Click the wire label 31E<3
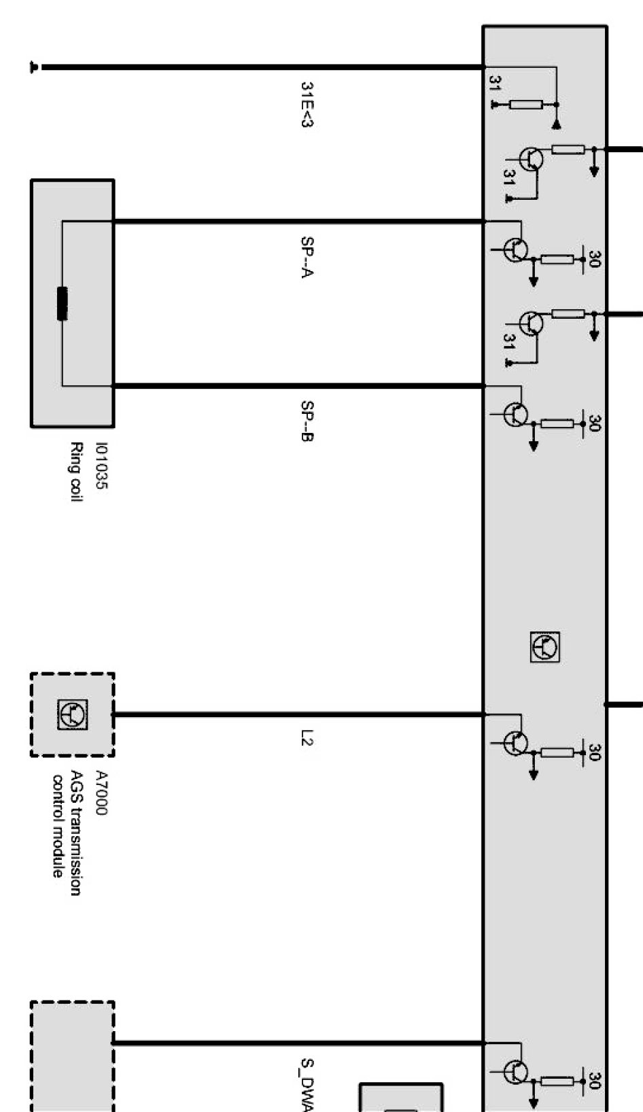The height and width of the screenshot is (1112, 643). (307, 105)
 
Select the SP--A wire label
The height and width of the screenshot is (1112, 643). (307, 257)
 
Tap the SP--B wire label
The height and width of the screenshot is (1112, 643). (307, 421)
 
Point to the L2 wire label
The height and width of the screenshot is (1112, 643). (307, 737)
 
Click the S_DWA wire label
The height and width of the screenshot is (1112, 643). (307, 1084)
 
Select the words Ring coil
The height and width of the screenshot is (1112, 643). (76, 472)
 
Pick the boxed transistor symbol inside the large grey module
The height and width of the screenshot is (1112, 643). (545, 646)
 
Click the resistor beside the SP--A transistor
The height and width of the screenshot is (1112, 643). (557, 259)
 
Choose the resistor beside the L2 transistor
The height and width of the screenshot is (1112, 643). (557, 752)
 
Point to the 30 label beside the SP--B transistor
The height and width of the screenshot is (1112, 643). (594, 423)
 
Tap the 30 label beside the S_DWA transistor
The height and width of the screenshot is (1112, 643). (594, 1081)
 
